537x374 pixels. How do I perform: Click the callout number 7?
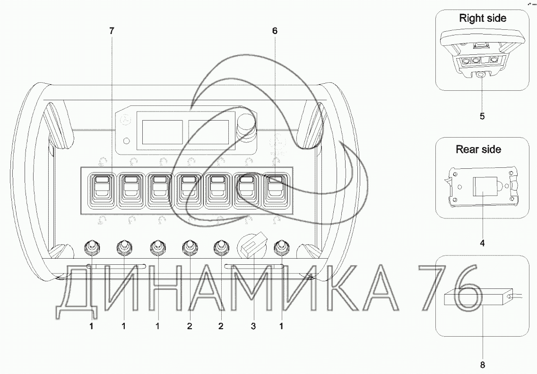tap(112, 31)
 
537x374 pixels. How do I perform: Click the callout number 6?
tap(275, 31)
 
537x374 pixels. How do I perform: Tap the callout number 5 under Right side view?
tap(482, 116)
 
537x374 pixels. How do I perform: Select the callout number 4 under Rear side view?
tap(482, 243)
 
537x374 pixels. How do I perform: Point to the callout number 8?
tap(482, 365)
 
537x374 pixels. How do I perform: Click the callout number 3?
tap(253, 326)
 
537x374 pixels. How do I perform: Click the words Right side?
tap(483, 18)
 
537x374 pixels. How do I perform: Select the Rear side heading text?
tap(478, 149)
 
